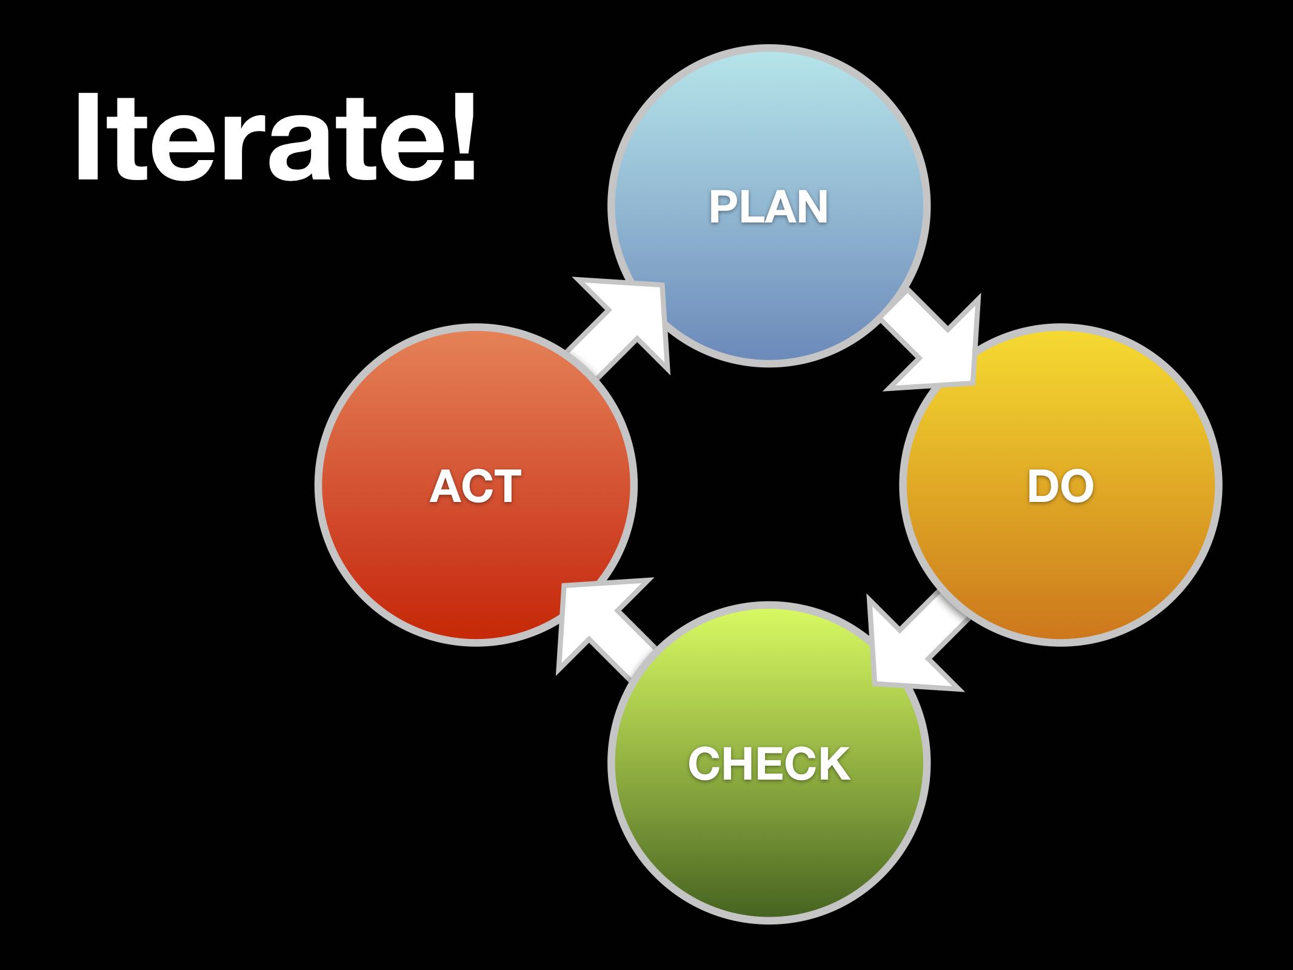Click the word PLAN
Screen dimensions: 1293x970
tap(769, 207)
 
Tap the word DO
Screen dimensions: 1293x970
tap(1060, 486)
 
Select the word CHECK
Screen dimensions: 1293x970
tap(769, 764)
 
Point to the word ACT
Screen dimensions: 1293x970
tap(476, 486)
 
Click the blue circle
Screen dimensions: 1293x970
tap(769, 206)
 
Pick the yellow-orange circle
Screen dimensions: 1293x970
tap(1061, 485)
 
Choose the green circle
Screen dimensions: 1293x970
tap(769, 763)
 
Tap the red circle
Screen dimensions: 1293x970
tap(476, 485)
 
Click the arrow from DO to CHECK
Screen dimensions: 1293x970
tap(915, 643)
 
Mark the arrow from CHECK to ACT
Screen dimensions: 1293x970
tap(606, 630)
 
